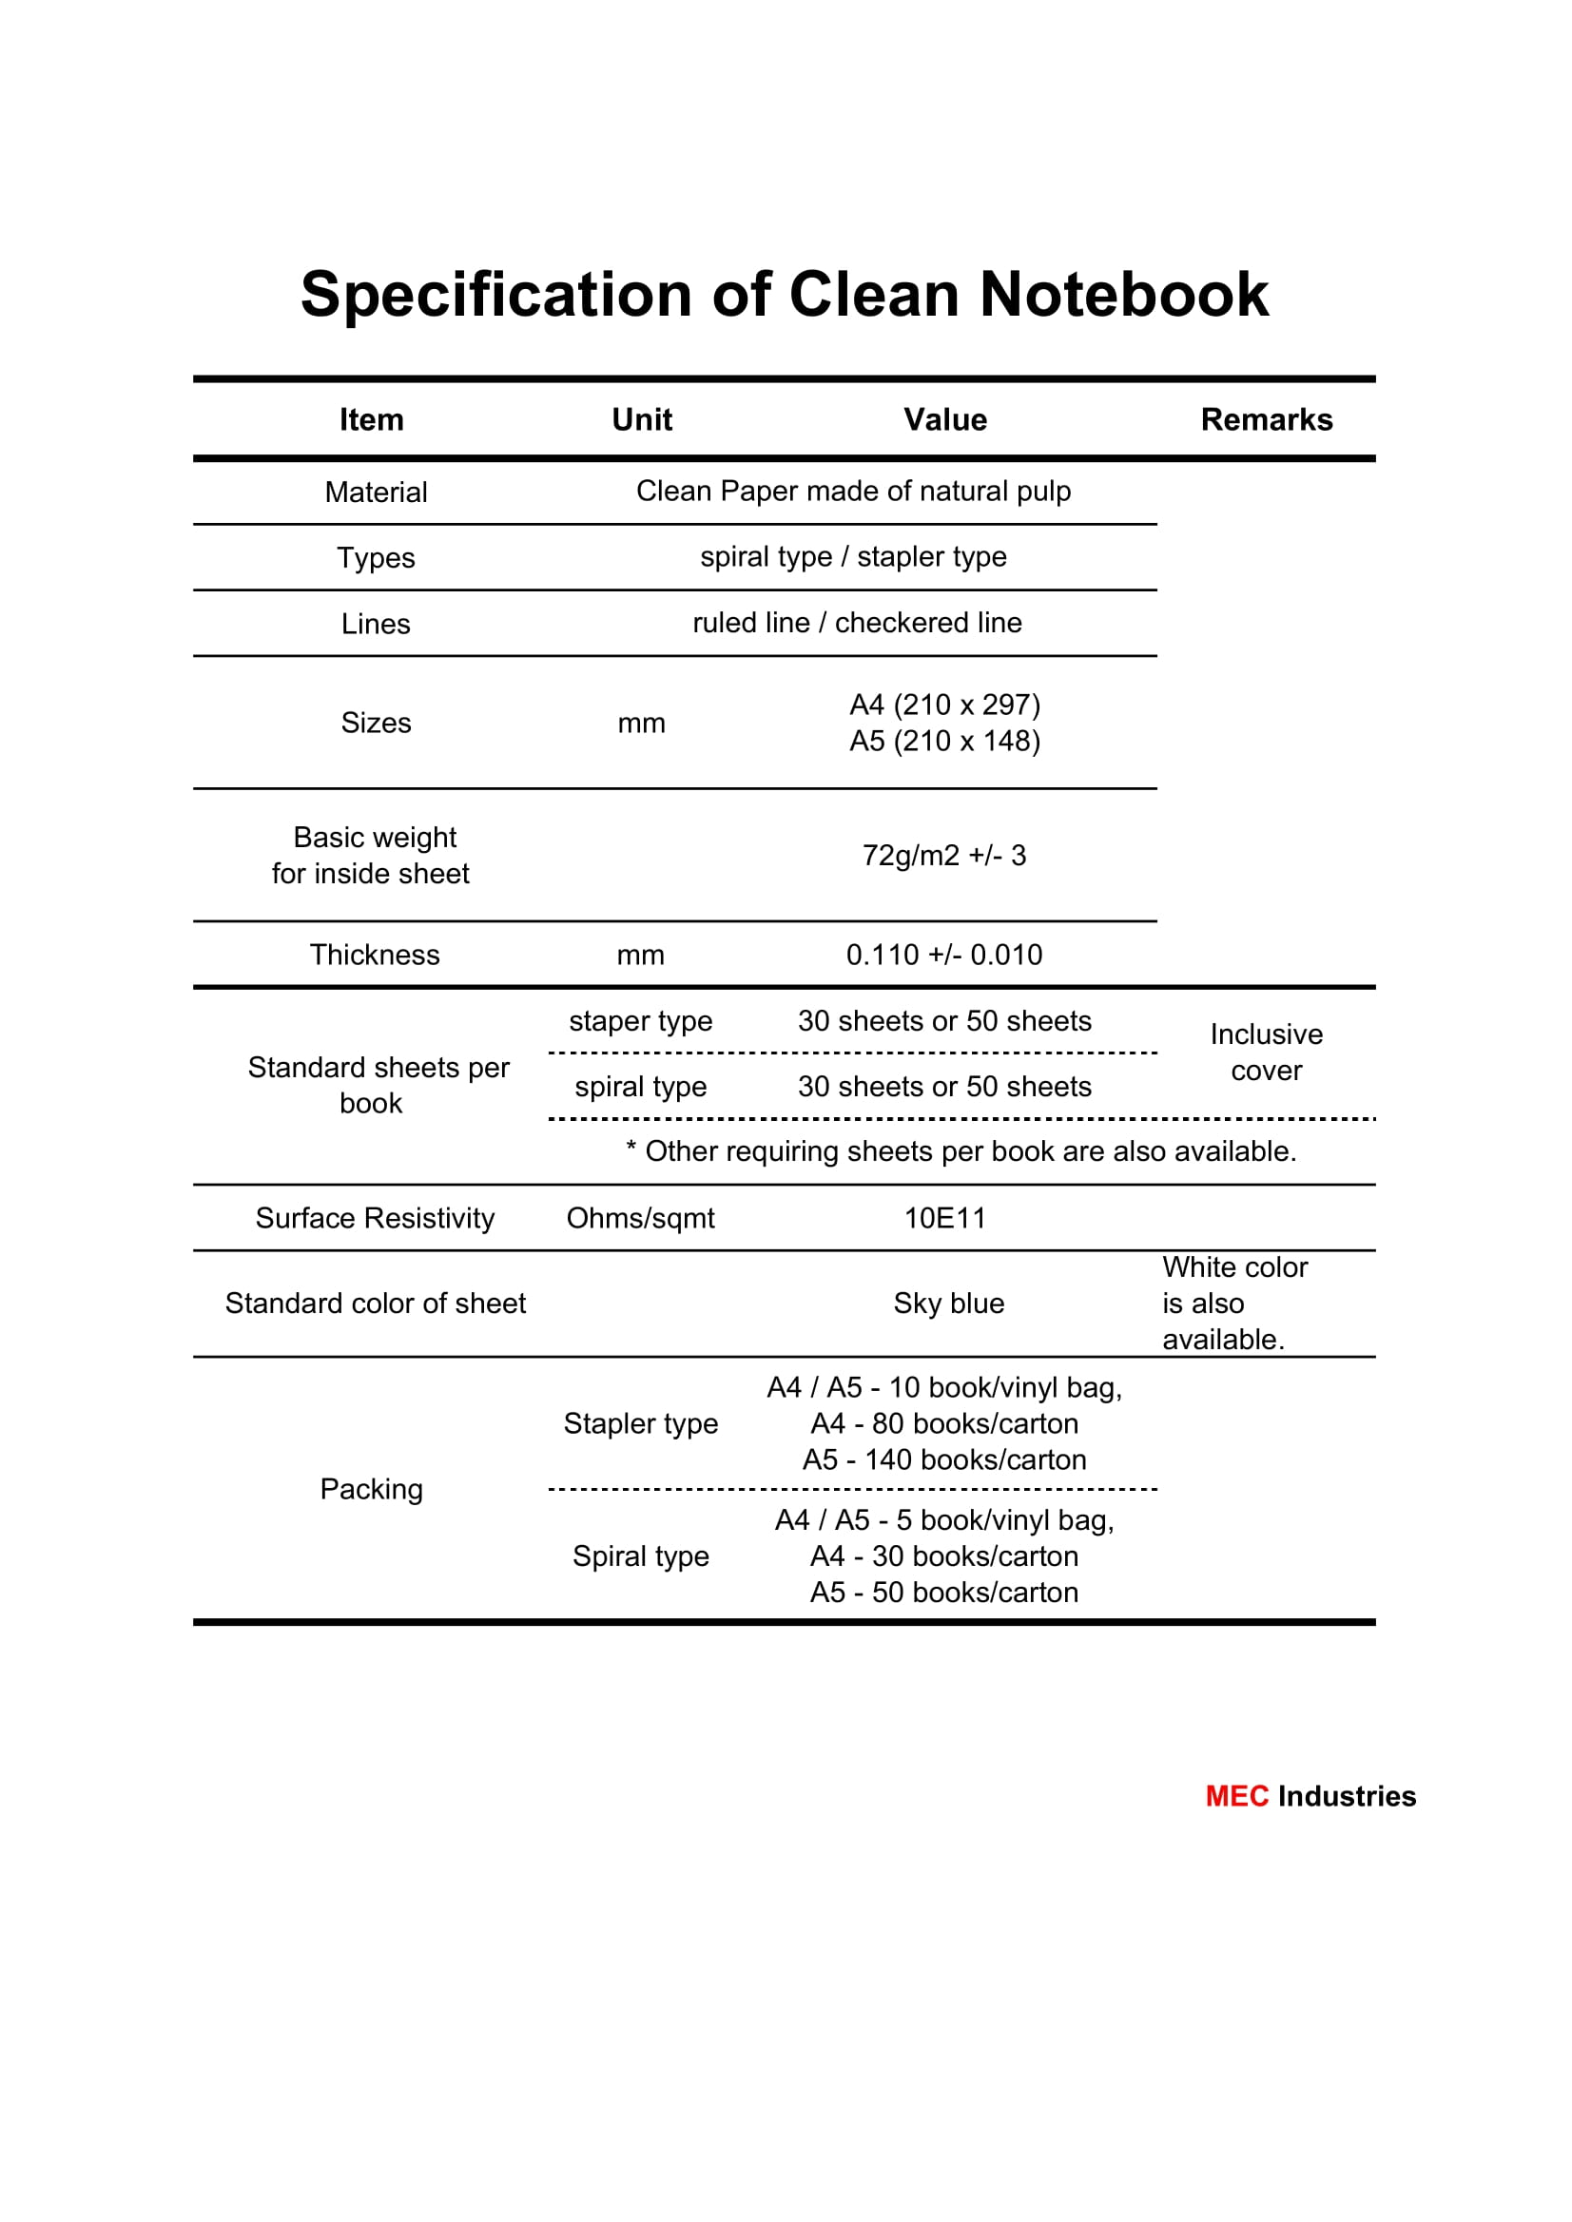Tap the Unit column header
(x=642, y=419)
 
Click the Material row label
(x=376, y=492)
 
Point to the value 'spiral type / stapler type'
(x=853, y=556)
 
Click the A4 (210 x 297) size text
(x=944, y=705)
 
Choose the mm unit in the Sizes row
(x=641, y=723)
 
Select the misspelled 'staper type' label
(x=640, y=1021)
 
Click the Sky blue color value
(x=949, y=1304)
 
